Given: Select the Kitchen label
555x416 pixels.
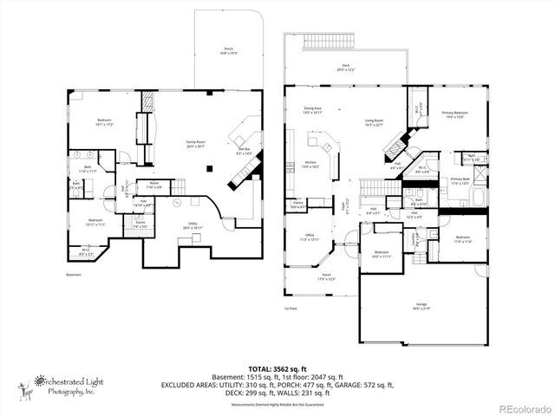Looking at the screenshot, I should click(x=309, y=163).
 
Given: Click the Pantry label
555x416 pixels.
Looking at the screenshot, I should click(x=297, y=205).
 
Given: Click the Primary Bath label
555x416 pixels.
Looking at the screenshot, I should click(x=460, y=181).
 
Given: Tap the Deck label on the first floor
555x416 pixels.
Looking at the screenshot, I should click(x=346, y=67).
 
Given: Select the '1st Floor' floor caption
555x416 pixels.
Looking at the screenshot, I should click(x=291, y=308).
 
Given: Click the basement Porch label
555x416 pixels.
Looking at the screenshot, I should click(x=229, y=50).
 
